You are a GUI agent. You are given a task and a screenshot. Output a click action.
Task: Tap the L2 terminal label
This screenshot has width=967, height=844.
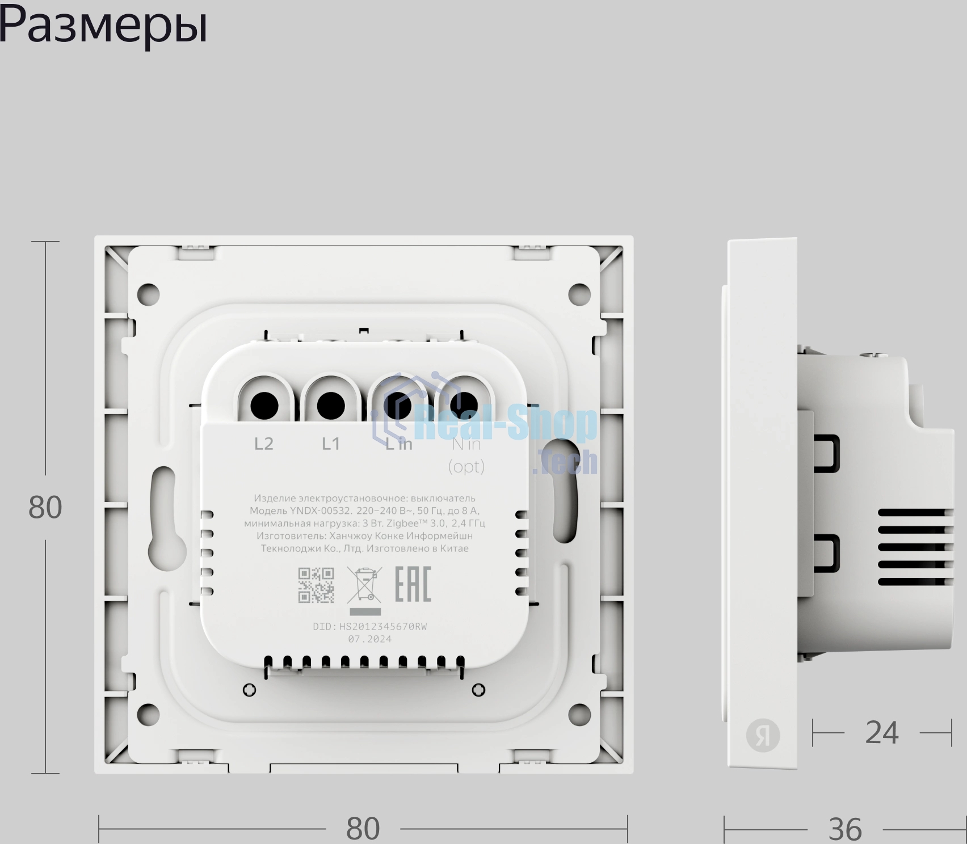coord(264,444)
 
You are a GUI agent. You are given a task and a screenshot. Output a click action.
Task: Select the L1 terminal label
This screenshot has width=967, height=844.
coord(331,444)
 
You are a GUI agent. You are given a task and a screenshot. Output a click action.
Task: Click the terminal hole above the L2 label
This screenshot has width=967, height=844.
coord(264,406)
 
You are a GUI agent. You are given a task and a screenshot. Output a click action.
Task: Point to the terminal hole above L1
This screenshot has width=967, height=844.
coord(331,406)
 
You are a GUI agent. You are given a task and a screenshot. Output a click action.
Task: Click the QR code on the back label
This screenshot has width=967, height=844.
coord(316,585)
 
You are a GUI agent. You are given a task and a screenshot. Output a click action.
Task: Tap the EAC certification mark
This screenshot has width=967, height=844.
coord(413,584)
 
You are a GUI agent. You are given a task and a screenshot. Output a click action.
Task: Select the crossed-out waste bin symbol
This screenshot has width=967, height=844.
coord(364,585)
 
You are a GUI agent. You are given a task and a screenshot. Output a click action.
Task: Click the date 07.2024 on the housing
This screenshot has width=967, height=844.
coord(370,639)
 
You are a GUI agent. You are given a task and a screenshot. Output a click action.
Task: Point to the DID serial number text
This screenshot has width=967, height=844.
coord(370,627)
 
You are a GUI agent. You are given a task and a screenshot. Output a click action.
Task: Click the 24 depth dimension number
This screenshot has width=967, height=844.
coord(882,733)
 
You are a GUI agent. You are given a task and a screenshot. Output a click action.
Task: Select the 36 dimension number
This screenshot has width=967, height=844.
coord(845,830)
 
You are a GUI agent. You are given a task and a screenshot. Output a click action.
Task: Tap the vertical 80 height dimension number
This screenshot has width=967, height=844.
coord(45,508)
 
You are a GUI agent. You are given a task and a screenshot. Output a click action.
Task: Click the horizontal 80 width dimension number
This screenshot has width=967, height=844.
coord(363,829)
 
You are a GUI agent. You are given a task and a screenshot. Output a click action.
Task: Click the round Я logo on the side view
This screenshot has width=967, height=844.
coord(763,736)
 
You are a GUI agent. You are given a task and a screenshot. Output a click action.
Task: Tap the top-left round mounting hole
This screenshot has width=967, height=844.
coord(148,294)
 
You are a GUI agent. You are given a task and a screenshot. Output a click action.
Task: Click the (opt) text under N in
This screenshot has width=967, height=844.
coord(466,467)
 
